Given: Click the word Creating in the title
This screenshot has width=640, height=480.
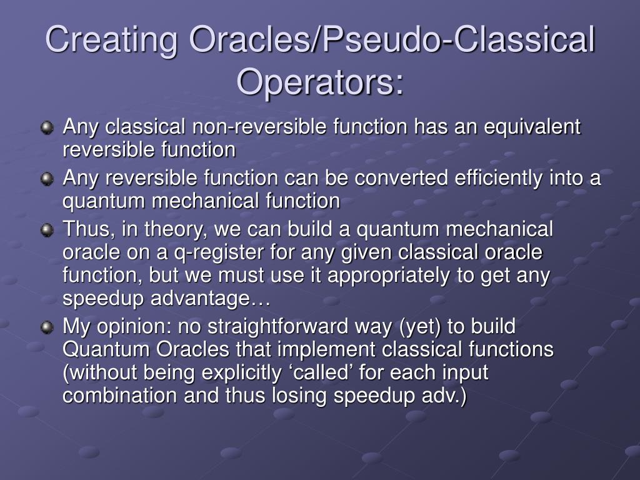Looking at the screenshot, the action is point(111,40).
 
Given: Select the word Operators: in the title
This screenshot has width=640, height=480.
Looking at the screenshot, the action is point(320,81).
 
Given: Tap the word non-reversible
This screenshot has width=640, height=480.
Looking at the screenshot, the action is point(259,126).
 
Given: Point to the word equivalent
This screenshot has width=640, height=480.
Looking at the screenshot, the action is point(532,127).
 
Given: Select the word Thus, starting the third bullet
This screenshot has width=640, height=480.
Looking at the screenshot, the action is point(89,229).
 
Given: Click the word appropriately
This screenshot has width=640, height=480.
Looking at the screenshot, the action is point(389,276).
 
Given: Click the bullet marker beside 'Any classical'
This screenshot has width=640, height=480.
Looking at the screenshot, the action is point(47,127).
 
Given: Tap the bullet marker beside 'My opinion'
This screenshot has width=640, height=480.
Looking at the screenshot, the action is point(47,327).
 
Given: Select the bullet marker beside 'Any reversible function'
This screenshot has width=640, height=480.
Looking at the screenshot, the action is point(47,179).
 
